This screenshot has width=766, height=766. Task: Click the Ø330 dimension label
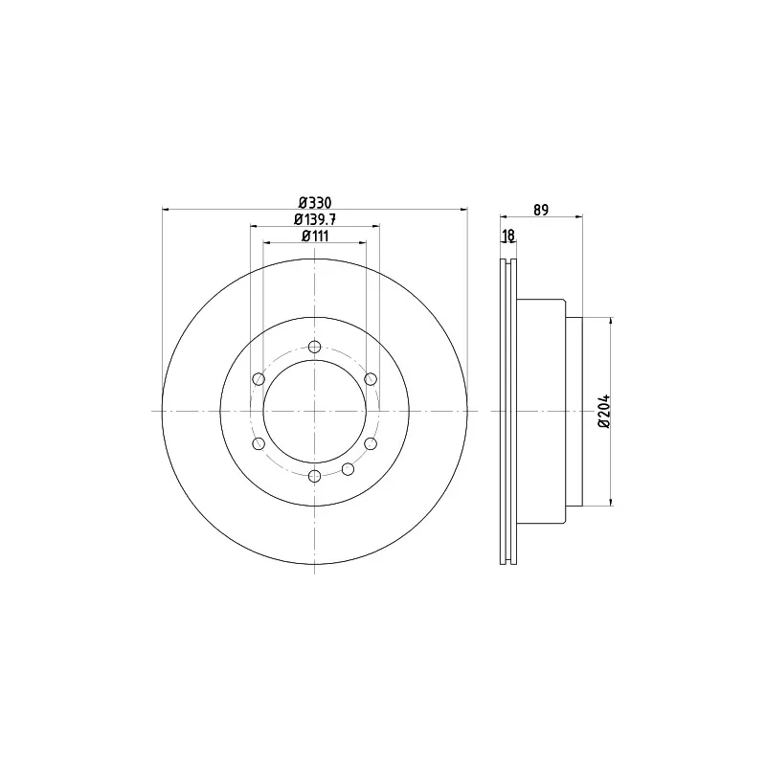(x=315, y=203)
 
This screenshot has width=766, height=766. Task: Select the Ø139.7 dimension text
(x=315, y=219)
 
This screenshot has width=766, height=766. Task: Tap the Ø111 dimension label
(x=315, y=236)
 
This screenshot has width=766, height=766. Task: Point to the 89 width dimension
(x=541, y=210)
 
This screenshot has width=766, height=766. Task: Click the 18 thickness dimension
(x=508, y=236)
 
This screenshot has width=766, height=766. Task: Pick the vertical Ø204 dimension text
(x=604, y=411)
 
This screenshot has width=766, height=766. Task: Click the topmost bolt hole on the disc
(x=315, y=347)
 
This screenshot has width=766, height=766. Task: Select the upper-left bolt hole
(x=259, y=379)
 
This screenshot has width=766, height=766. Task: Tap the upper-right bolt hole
(x=371, y=378)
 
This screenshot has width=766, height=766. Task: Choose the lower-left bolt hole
(x=259, y=443)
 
